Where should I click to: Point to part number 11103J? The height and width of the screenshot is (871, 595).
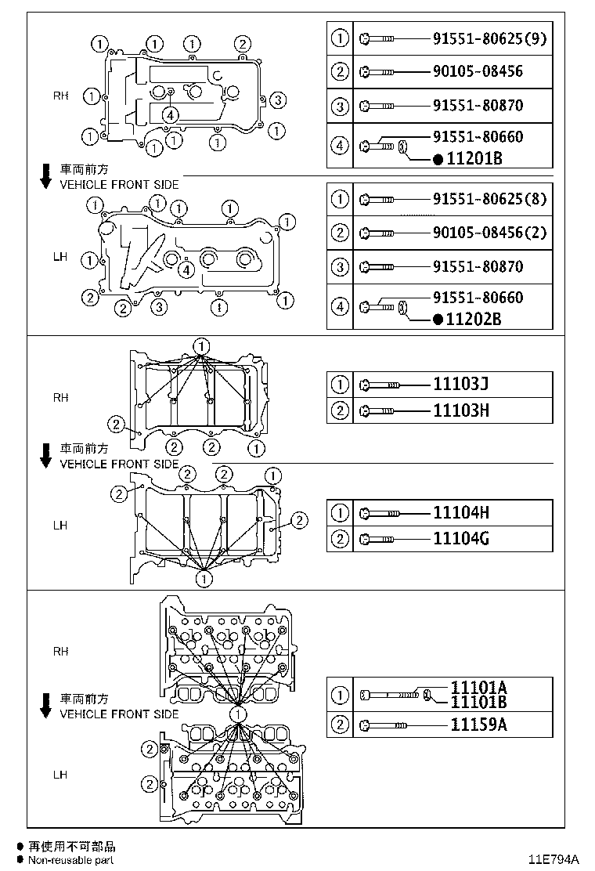(461, 385)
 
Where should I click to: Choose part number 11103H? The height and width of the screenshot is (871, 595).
(461, 410)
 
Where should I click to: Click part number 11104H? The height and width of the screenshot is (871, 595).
(461, 513)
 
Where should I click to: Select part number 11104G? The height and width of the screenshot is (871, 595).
(461, 538)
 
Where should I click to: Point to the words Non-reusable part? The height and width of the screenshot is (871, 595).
(71, 860)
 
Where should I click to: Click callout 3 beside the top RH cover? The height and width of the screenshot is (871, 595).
(279, 99)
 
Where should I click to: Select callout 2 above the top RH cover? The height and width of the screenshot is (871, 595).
(243, 43)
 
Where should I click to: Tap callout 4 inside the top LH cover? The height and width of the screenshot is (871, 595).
(186, 270)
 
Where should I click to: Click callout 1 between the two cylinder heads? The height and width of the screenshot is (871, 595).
(237, 714)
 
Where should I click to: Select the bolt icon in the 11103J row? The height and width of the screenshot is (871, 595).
(380, 385)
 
